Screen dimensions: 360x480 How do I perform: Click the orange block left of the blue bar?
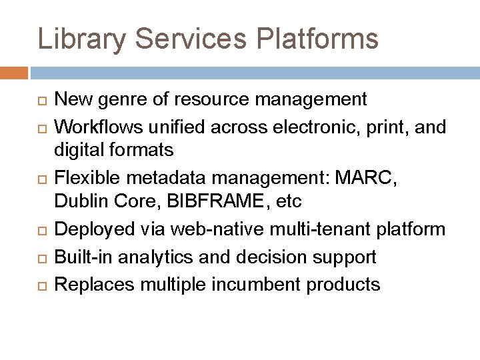pyautogui.click(x=14, y=72)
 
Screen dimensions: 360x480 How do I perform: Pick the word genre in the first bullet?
pyautogui.click(x=118, y=100)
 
